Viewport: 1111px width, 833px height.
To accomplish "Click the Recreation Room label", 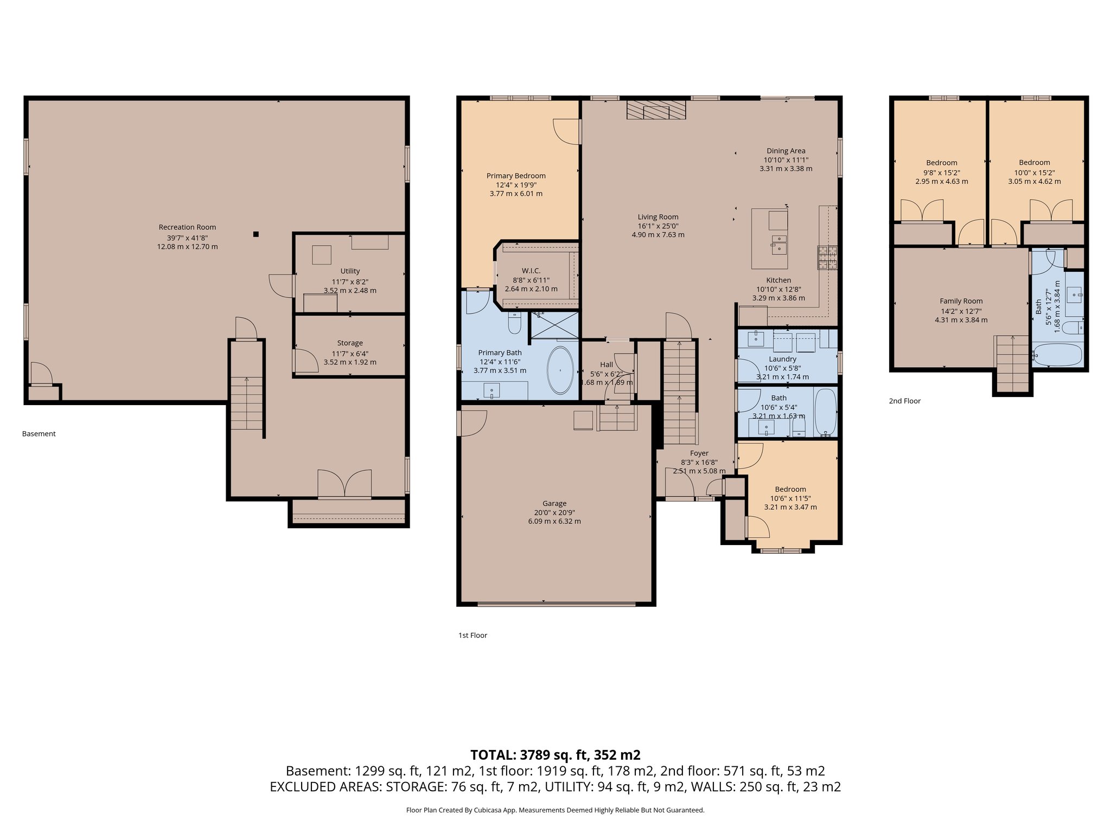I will pyautogui.click(x=187, y=227).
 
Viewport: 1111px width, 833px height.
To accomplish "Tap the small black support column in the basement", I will pyautogui.click(x=256, y=234).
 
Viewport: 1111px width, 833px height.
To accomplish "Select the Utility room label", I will pyautogui.click(x=350, y=271).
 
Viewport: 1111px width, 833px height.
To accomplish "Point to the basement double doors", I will pyautogui.click(x=344, y=484).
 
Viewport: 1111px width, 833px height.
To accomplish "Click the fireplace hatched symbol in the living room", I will pyautogui.click(x=655, y=110).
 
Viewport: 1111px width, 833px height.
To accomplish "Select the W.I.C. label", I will pyautogui.click(x=531, y=271).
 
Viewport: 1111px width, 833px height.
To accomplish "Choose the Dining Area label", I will pyautogui.click(x=786, y=151).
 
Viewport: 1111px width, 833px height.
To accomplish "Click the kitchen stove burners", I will pyautogui.click(x=827, y=258).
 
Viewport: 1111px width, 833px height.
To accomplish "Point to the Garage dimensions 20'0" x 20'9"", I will pyautogui.click(x=554, y=512).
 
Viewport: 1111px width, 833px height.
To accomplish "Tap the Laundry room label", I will pyautogui.click(x=782, y=359).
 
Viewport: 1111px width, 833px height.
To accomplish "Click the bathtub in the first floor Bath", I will pyautogui.click(x=826, y=412).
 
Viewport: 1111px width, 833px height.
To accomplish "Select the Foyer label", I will pyautogui.click(x=699, y=453).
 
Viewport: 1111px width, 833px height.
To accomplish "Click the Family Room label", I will pyautogui.click(x=961, y=301).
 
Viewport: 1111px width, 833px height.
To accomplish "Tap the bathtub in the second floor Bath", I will pyautogui.click(x=1057, y=355).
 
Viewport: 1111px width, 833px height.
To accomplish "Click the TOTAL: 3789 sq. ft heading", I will pyautogui.click(x=555, y=755).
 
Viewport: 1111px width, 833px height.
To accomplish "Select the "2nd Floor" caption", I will pyautogui.click(x=904, y=401).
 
